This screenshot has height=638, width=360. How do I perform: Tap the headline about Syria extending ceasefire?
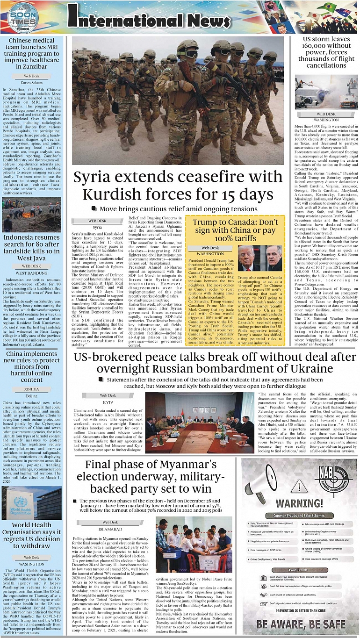click(x=178, y=185)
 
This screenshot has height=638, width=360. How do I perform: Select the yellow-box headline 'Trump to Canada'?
click(x=235, y=230)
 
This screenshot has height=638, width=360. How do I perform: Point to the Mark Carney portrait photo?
click(x=274, y=258)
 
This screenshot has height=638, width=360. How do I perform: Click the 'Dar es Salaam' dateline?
click(x=32, y=82)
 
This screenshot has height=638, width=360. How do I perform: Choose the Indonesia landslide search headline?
click(x=32, y=248)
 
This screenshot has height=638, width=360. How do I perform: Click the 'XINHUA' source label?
click(x=32, y=388)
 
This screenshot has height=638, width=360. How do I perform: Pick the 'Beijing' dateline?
click(x=32, y=395)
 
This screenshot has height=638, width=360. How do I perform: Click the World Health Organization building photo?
click(x=32, y=503)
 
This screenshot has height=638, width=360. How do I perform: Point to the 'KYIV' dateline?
click(x=108, y=401)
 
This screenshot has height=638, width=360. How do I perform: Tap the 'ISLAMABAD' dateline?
click(x=110, y=529)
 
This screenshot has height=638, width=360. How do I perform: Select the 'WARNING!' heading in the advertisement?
click(x=299, y=503)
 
